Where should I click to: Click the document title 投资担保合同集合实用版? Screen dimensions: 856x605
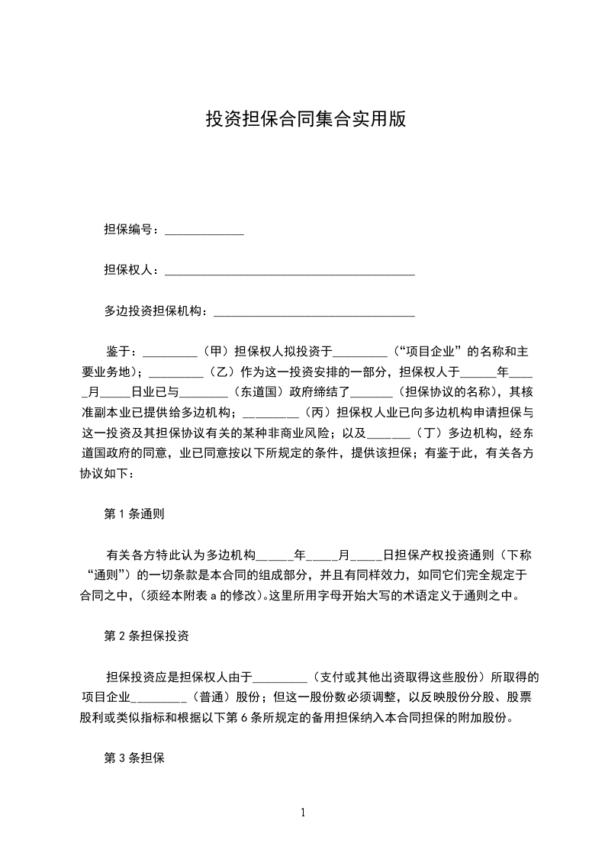pyautogui.click(x=305, y=119)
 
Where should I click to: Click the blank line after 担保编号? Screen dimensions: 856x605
pyautogui.click(x=204, y=230)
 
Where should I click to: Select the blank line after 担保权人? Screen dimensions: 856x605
pyautogui.click(x=290, y=271)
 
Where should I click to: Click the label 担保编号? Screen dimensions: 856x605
pyautogui.click(x=130, y=230)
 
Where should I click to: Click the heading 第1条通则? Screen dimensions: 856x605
pyautogui.click(x=134, y=514)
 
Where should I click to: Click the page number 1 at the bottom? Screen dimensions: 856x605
pyautogui.click(x=303, y=813)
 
